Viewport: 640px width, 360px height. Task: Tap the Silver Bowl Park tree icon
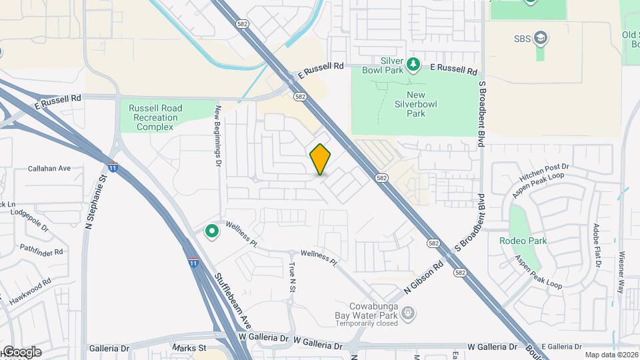(413, 63)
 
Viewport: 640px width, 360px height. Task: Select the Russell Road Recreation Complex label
(155, 117)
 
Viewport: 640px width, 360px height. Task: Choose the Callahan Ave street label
(49, 169)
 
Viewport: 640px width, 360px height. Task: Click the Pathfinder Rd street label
(41, 251)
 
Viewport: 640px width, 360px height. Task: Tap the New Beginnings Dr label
(217, 137)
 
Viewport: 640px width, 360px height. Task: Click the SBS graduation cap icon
(542, 38)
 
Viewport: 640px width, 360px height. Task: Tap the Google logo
(21, 352)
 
